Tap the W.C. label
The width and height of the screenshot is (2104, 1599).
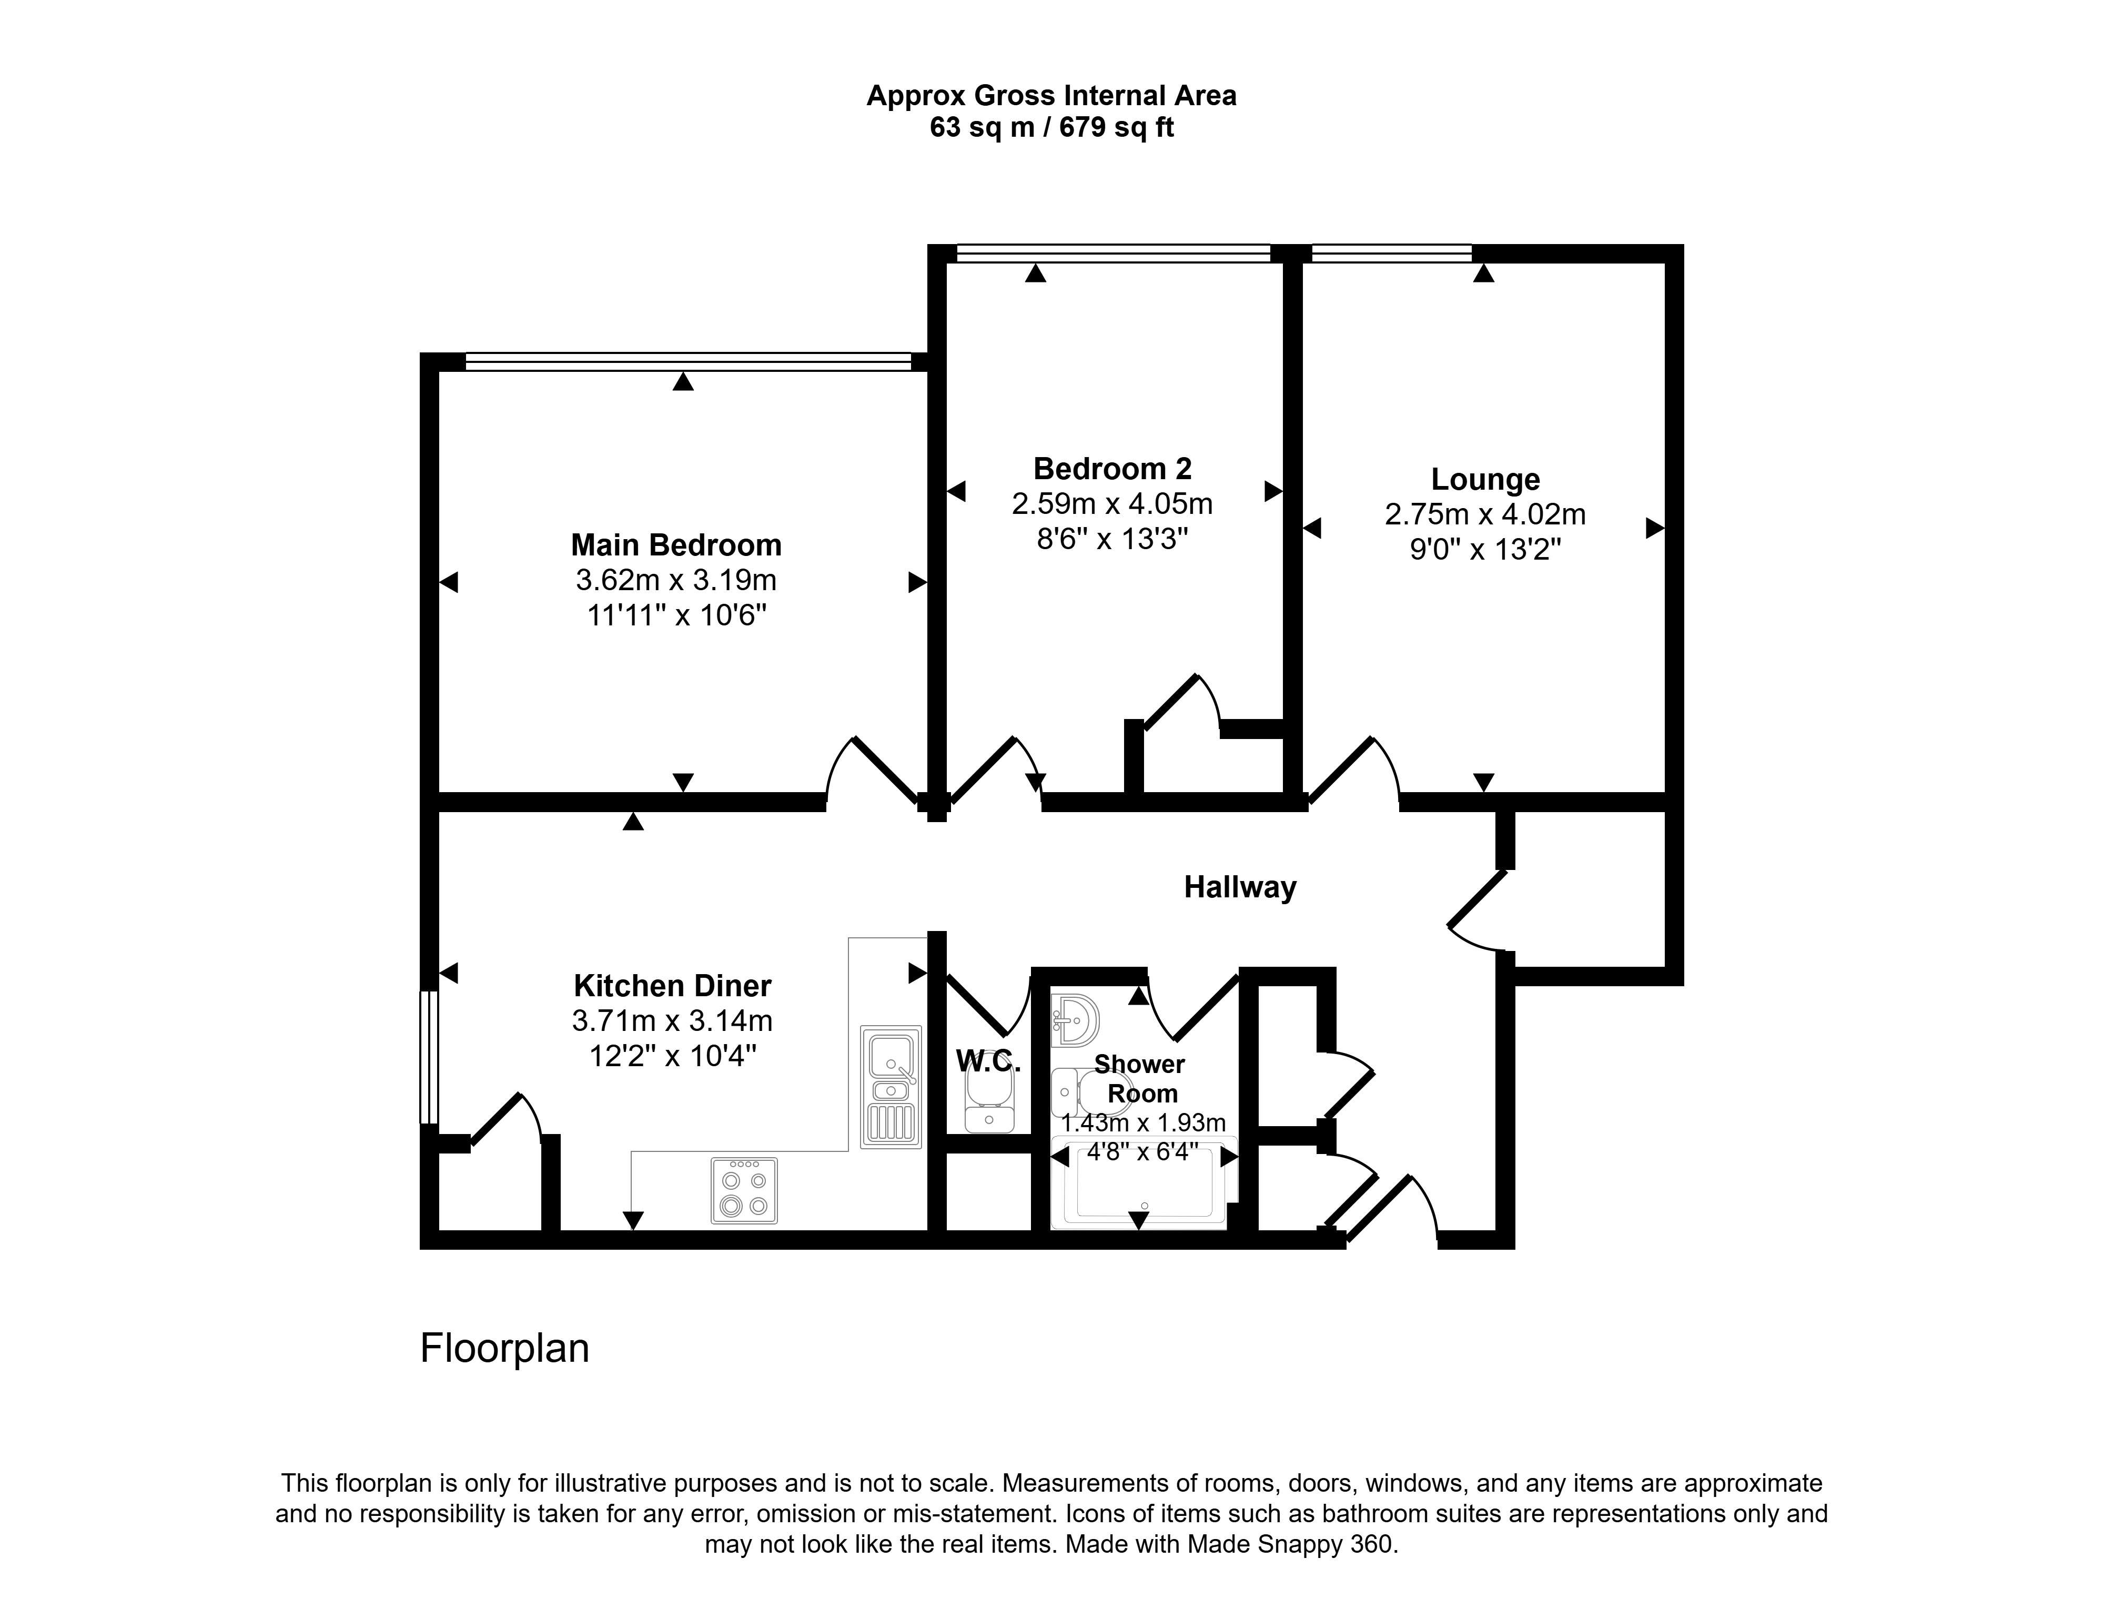click(988, 1060)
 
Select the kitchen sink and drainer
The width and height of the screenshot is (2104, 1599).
click(891, 1086)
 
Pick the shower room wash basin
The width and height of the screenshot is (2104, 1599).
click(1075, 1021)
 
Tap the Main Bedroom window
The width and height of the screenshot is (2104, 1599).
click(688, 362)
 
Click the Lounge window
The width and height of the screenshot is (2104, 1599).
click(1391, 252)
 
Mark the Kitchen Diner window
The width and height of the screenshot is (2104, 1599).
click(429, 1057)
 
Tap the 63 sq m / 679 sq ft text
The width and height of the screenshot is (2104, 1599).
click(1051, 127)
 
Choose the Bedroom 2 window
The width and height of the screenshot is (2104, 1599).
click(1114, 252)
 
